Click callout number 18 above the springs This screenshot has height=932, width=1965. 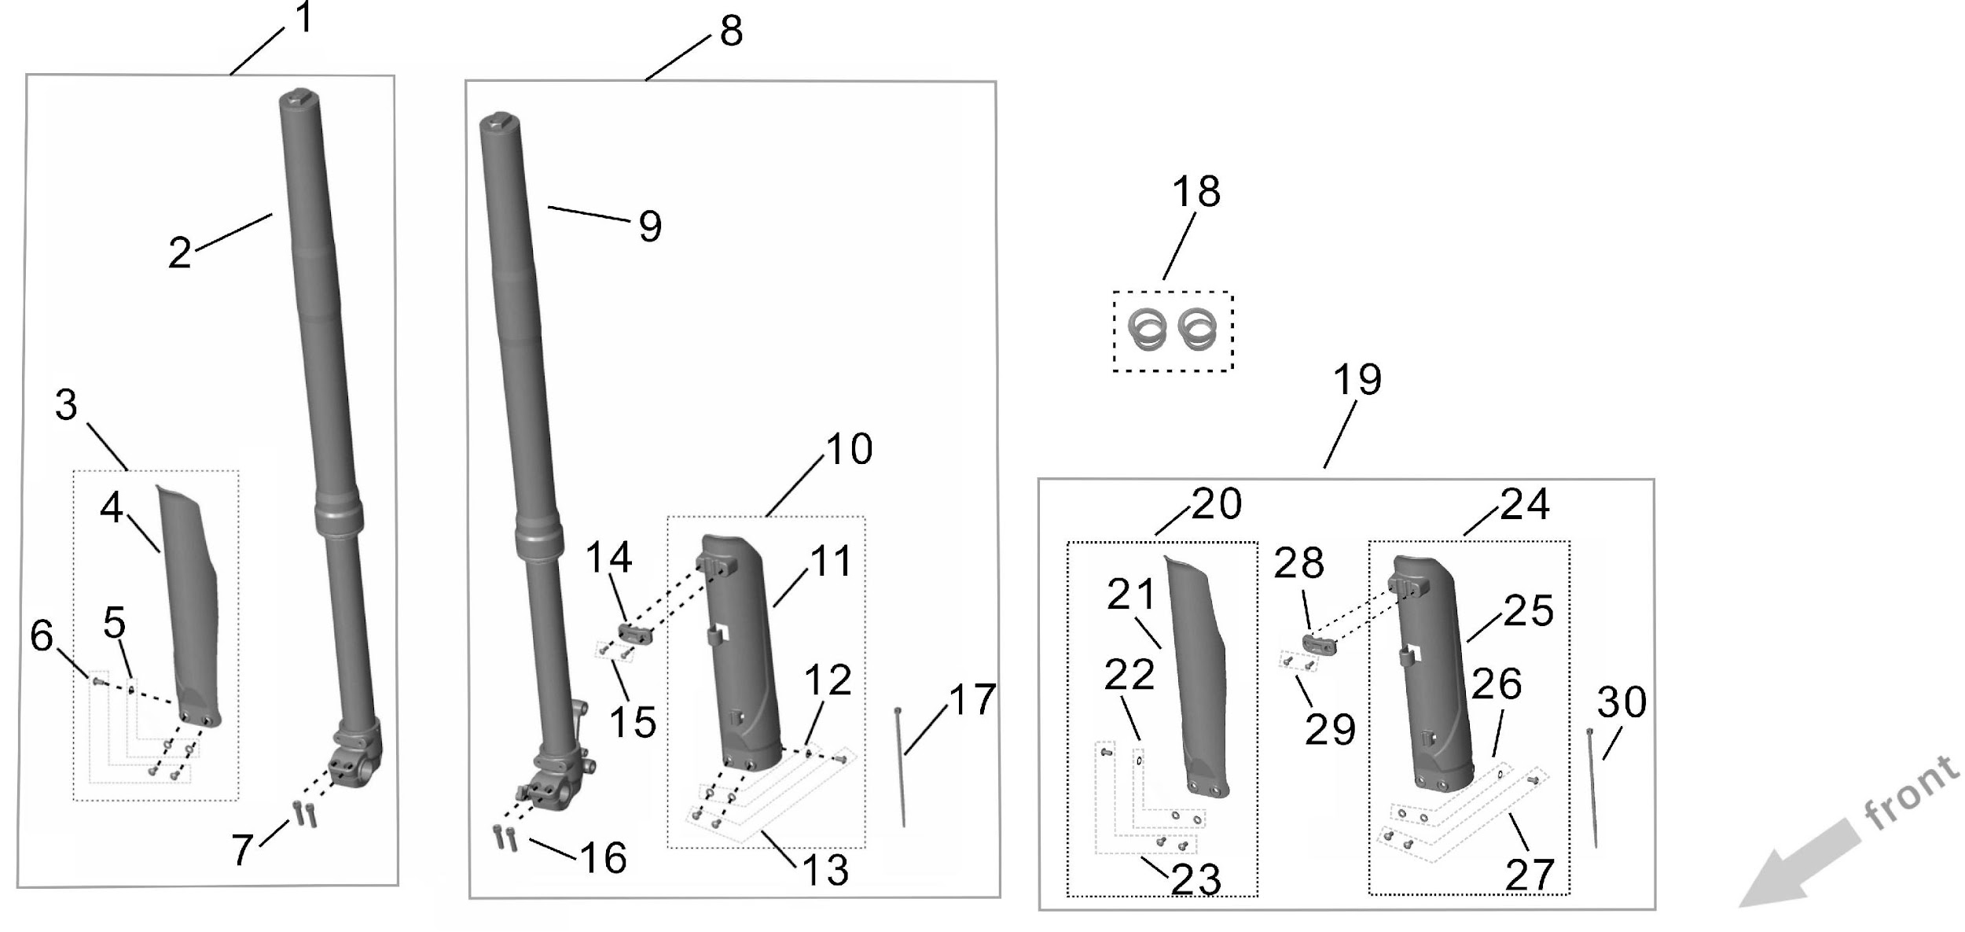[x=1196, y=192]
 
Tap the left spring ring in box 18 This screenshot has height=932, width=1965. [x=1149, y=330]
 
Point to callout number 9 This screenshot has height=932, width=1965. [x=650, y=227]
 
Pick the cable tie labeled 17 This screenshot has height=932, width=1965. [x=900, y=767]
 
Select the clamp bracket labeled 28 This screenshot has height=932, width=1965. [x=1320, y=644]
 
